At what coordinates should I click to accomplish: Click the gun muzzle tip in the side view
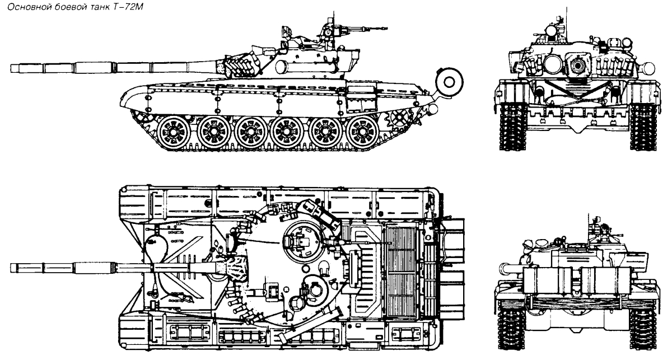11,68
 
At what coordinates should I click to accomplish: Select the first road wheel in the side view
174,132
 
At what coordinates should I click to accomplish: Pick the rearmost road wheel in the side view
362,132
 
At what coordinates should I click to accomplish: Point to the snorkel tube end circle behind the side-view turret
449,82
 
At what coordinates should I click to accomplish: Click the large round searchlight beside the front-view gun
553,65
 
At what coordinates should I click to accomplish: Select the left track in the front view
513,126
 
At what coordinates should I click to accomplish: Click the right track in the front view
643,126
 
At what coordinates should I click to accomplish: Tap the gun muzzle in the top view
12,268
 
